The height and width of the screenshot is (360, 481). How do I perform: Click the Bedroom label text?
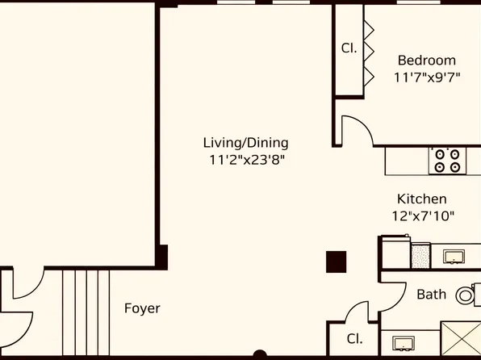(x=426, y=61)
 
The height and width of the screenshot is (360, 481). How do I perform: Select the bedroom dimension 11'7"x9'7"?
(x=426, y=77)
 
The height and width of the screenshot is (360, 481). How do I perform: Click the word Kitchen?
(x=421, y=199)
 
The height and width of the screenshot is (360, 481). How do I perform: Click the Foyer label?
(x=142, y=308)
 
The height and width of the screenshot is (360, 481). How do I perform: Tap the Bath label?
(x=431, y=295)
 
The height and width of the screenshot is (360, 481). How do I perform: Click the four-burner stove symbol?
(x=448, y=160)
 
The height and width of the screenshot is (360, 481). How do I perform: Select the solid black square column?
(x=336, y=262)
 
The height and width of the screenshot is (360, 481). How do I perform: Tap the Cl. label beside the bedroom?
(x=349, y=48)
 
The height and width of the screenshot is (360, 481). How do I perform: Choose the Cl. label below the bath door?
(x=353, y=339)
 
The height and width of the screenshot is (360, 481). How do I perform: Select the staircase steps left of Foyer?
(x=86, y=313)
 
